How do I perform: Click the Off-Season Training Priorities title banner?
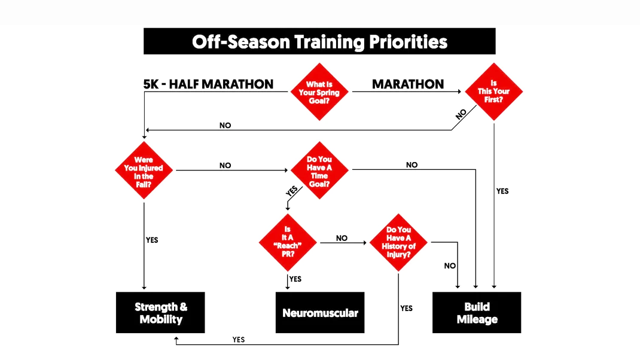[x=319, y=41]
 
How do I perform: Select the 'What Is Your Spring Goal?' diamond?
[x=319, y=92]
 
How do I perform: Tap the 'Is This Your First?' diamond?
[x=494, y=91]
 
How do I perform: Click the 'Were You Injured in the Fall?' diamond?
[x=144, y=170]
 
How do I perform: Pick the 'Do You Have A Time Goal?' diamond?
[x=319, y=170]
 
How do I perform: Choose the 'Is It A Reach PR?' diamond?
[x=288, y=242]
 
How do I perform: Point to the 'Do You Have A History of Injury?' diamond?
[x=398, y=242]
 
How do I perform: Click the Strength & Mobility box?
[x=160, y=313]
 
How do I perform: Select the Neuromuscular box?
[x=320, y=313]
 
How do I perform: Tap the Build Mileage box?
[x=477, y=313]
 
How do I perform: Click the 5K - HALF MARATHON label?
[x=208, y=84]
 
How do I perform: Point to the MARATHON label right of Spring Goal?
[x=408, y=84]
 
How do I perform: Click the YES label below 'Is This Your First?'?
[x=502, y=191]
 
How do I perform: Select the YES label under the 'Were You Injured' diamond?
[x=152, y=240]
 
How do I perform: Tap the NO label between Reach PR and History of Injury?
[x=342, y=238]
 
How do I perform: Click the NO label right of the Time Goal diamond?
[x=412, y=165]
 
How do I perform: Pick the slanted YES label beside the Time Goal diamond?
[x=292, y=191]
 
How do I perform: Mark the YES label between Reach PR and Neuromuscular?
[x=295, y=279]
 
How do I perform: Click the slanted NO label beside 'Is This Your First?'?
[x=461, y=114]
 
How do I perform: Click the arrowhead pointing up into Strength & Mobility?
[x=176, y=339]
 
